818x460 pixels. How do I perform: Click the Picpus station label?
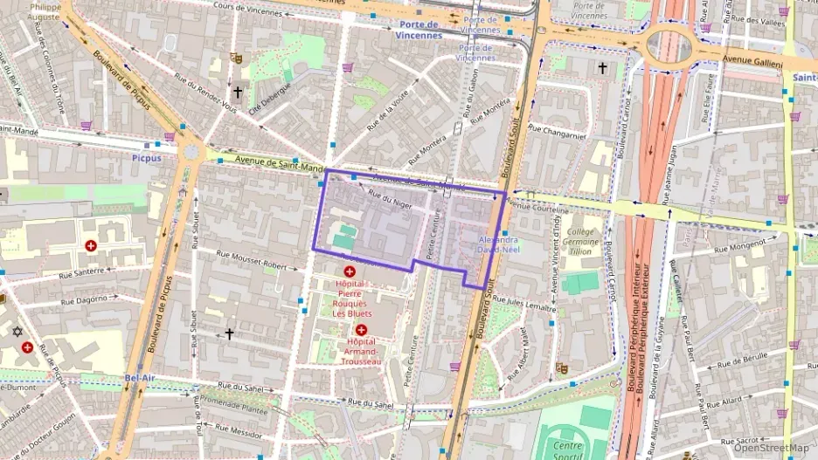pos(148,158)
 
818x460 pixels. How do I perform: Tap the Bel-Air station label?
pos(139,377)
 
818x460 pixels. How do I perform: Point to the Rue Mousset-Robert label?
pos(252,259)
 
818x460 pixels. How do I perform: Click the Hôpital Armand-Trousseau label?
pos(360,351)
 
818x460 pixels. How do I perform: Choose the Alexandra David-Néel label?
pos(497,244)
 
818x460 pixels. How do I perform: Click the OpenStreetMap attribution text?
pos(771,448)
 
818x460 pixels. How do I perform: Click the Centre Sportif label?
pos(567,449)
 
